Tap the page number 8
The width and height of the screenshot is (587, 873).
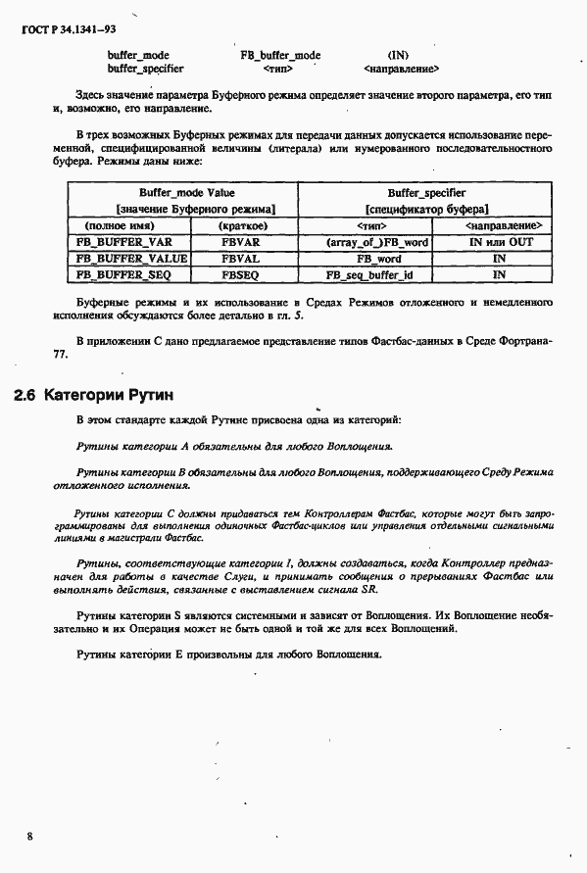click(x=30, y=836)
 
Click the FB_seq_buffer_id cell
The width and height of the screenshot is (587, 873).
click(x=376, y=275)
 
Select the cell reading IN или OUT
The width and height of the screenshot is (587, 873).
click(x=499, y=240)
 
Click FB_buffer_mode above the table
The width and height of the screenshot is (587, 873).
click(x=280, y=55)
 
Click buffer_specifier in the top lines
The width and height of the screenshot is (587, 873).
click(x=145, y=69)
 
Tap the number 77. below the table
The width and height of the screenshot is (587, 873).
click(x=60, y=356)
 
